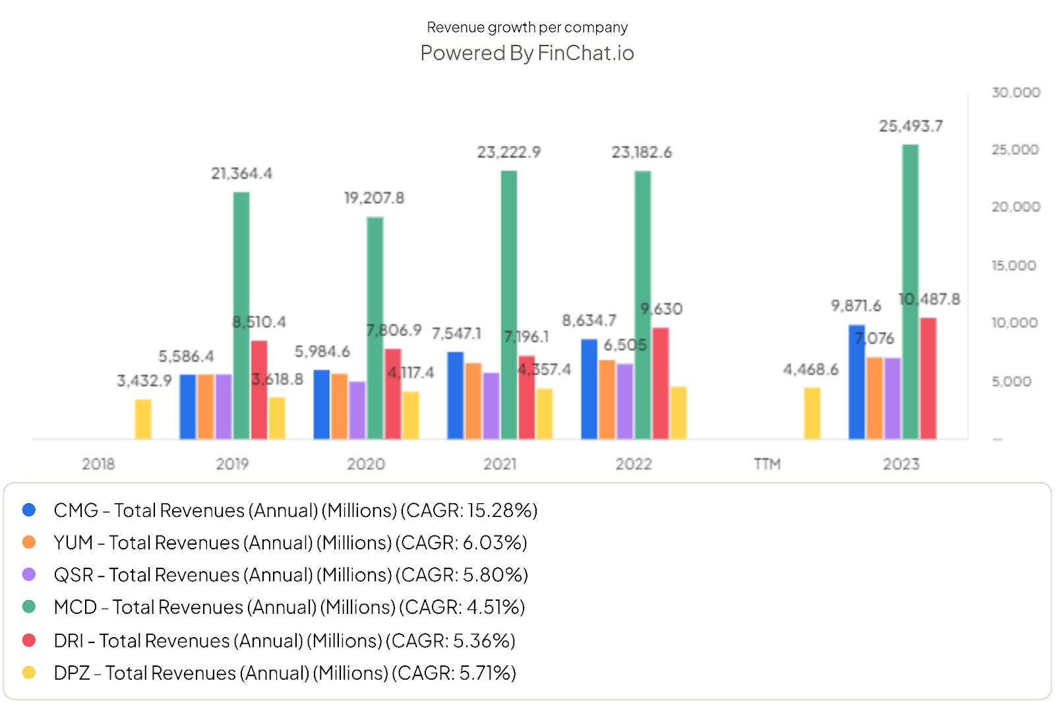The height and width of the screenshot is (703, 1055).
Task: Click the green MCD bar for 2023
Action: click(910, 290)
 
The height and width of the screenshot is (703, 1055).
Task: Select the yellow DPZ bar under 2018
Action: click(143, 419)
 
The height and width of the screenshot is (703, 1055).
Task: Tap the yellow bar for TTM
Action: click(812, 413)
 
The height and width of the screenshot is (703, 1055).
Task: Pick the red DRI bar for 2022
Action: click(660, 383)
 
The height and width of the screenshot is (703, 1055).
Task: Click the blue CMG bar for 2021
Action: click(455, 396)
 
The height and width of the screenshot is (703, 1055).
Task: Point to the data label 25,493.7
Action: click(911, 126)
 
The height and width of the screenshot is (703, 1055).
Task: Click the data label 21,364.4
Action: click(241, 173)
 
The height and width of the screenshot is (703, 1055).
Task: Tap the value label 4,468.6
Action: click(810, 369)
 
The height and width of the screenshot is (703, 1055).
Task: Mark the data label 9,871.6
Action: click(855, 306)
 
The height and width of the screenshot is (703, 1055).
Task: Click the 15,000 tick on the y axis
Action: click(1013, 265)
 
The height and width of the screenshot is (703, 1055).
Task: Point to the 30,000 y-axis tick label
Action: click(1015, 92)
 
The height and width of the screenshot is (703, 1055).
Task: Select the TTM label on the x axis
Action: click(767, 464)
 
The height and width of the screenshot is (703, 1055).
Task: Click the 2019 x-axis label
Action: click(232, 464)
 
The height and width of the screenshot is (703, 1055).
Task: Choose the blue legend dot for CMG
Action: click(29, 510)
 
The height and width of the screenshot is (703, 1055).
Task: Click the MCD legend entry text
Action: click(289, 607)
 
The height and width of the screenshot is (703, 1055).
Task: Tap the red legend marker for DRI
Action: click(29, 640)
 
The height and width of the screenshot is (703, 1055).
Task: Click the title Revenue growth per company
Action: click(527, 27)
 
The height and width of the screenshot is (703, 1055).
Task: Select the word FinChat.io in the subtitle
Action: click(586, 53)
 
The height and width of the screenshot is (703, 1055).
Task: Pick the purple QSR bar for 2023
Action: click(892, 398)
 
